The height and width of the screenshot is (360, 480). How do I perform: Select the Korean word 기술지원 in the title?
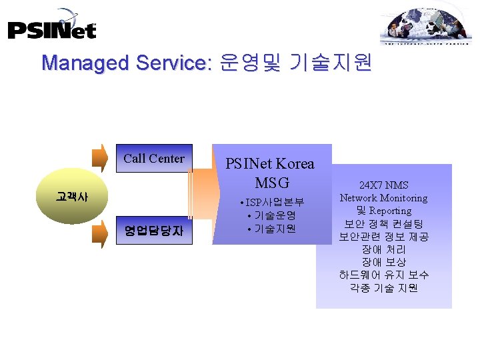[x=331, y=63]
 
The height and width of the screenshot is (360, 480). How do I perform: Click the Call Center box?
[x=154, y=159]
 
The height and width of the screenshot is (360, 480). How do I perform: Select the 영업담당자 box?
[x=154, y=231]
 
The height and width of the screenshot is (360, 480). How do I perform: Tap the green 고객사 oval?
[x=72, y=197]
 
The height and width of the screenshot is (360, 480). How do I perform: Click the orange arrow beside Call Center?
[x=99, y=159]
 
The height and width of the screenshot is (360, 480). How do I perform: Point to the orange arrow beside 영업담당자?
[x=99, y=233]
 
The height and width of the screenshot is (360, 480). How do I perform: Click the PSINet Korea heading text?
[x=270, y=163]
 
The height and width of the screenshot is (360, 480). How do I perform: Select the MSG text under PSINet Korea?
[x=271, y=181]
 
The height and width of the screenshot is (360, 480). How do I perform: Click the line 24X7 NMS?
[x=383, y=185]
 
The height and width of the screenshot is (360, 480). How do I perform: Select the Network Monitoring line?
[x=383, y=198]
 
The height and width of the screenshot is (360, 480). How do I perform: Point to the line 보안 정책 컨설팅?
[x=383, y=223]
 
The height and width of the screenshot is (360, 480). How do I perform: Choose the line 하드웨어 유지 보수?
[x=383, y=275]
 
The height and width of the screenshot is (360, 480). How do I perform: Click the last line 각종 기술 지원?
[x=383, y=288]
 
